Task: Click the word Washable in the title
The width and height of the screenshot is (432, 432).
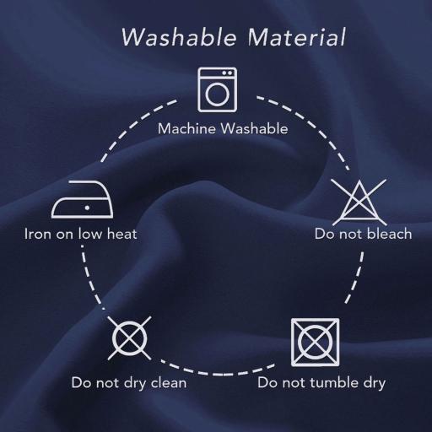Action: [x=179, y=37]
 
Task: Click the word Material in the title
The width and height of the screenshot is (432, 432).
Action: [x=297, y=37]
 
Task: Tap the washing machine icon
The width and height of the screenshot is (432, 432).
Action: [x=217, y=89]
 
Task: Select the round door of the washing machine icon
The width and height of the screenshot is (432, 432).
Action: [x=217, y=94]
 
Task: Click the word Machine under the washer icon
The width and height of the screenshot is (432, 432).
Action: [x=186, y=129]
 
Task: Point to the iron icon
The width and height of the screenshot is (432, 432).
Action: [x=83, y=199]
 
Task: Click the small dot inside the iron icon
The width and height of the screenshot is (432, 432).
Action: [x=87, y=208]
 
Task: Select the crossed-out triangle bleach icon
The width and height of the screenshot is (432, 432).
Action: [x=359, y=202]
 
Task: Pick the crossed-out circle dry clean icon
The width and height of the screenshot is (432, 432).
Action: [x=129, y=338]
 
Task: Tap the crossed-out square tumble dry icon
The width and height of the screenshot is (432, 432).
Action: [x=316, y=343]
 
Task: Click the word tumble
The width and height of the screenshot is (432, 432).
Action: [x=335, y=383]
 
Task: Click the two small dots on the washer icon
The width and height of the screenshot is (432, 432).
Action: [x=228, y=73]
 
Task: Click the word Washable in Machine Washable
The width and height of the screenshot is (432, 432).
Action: [x=254, y=129]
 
